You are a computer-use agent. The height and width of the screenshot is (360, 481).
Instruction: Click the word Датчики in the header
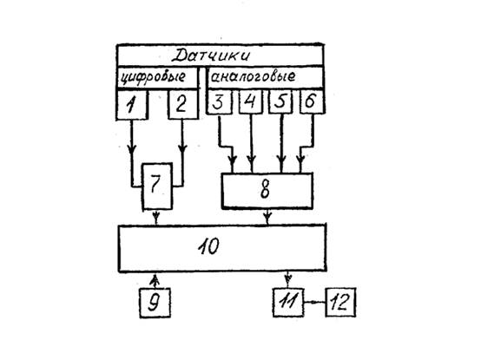click(x=211, y=56)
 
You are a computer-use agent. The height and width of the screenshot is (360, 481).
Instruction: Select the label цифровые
click(x=153, y=77)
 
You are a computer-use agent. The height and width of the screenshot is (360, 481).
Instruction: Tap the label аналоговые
click(x=253, y=76)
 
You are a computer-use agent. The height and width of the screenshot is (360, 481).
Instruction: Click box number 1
click(x=132, y=104)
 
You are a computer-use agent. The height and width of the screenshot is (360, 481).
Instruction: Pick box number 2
click(x=183, y=104)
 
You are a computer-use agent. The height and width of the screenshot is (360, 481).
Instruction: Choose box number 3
click(x=219, y=101)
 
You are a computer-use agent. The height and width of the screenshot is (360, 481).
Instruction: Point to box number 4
click(x=251, y=101)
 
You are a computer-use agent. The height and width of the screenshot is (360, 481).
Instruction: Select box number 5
click(x=280, y=101)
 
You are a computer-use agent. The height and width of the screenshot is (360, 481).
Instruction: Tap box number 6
click(x=312, y=101)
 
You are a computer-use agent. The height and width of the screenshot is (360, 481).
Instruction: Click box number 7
click(x=157, y=187)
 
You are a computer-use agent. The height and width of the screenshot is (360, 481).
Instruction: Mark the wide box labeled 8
click(x=267, y=191)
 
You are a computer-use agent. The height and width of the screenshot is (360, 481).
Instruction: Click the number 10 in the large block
click(x=208, y=246)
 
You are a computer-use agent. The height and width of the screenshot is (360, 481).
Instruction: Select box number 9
click(x=155, y=303)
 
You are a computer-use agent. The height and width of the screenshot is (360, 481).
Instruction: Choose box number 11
click(x=288, y=303)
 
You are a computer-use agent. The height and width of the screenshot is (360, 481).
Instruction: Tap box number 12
click(x=340, y=302)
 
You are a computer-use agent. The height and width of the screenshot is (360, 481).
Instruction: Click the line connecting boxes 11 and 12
click(x=314, y=303)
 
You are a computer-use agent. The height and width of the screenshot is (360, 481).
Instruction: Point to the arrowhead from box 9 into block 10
click(x=155, y=278)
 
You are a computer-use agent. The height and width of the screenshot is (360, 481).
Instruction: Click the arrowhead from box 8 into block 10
click(x=267, y=218)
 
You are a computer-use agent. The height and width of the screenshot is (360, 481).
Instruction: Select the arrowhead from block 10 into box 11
click(x=287, y=278)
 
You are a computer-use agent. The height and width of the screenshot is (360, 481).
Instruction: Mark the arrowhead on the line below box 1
click(x=132, y=149)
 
